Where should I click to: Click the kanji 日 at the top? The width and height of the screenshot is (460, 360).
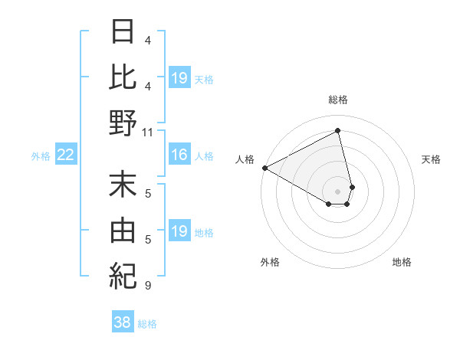tap(123, 33)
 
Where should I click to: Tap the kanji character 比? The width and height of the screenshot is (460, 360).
tap(123, 77)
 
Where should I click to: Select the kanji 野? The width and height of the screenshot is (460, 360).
tap(123, 123)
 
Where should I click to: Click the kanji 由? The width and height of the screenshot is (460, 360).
tap(123, 230)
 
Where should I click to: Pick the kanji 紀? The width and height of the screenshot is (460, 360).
tap(123, 274)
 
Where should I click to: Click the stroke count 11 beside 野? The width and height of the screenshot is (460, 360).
tap(148, 132)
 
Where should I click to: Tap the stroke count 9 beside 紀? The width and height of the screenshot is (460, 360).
tap(147, 286)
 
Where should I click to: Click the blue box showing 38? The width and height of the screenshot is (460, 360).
tap(123, 322)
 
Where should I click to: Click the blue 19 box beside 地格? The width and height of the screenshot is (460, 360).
tap(179, 231)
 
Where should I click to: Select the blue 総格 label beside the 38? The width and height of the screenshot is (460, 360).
tap(147, 324)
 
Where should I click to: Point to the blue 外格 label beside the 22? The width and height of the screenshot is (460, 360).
tap(41, 156)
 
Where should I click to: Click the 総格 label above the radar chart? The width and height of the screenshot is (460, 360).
tap(337, 100)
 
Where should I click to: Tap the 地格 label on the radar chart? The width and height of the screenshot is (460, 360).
tap(402, 262)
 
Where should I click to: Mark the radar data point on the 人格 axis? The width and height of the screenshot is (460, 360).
tap(264, 167)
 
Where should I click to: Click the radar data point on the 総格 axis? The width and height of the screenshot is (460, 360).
tap(337, 131)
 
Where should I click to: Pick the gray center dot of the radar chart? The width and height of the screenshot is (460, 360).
tap(337, 190)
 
